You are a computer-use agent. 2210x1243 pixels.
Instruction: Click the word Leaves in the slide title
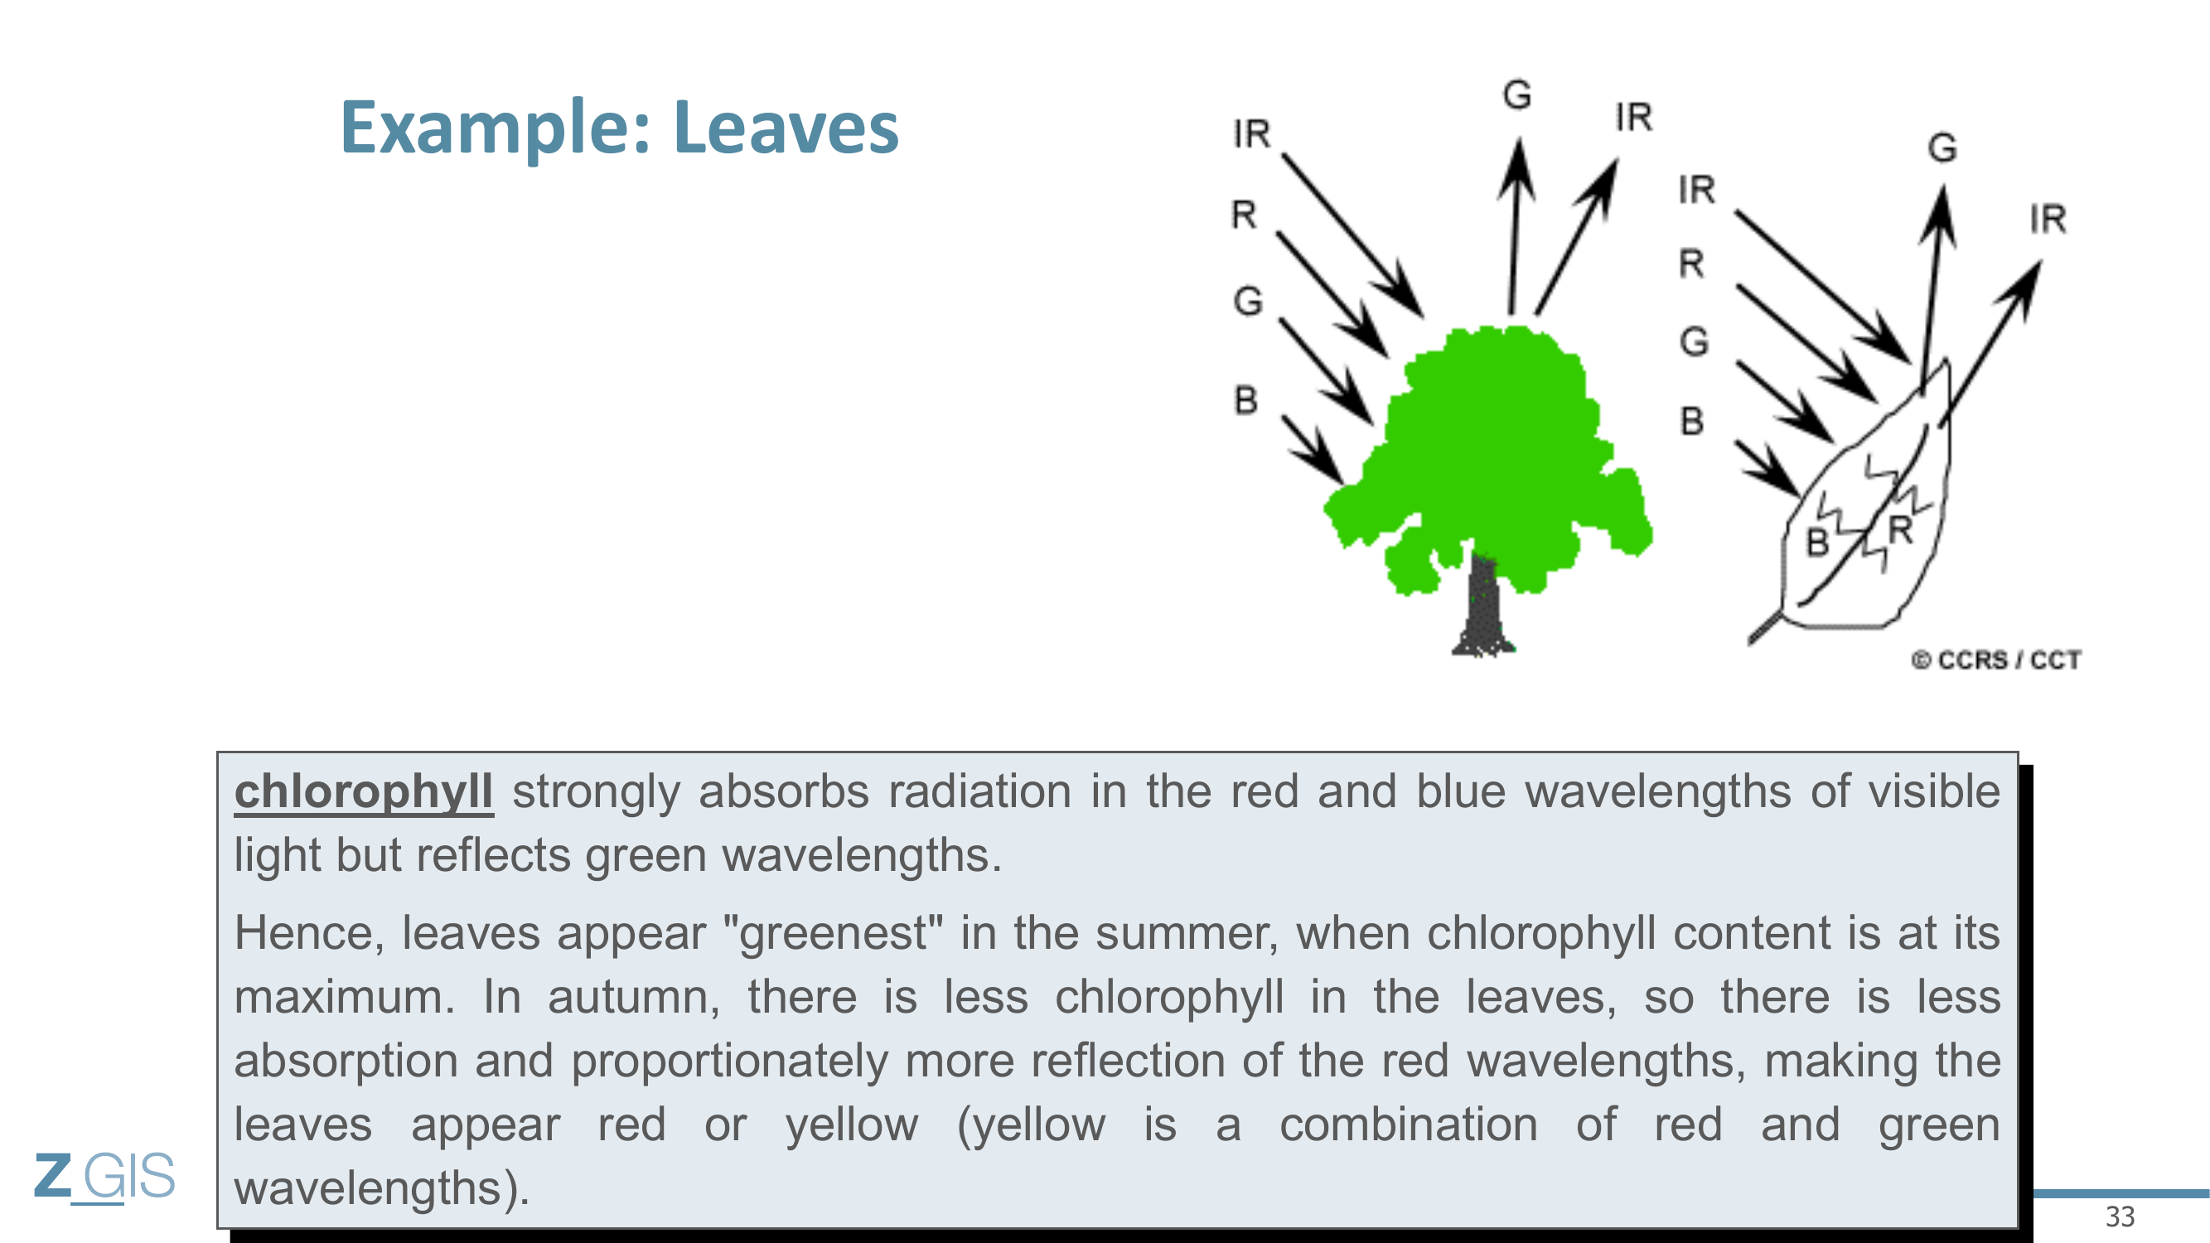(786, 128)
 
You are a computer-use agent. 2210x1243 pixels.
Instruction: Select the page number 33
(2120, 1216)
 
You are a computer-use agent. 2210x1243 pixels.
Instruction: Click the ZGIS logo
(104, 1177)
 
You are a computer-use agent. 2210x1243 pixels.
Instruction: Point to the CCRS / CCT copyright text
(1996, 660)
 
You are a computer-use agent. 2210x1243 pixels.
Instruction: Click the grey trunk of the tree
(1483, 605)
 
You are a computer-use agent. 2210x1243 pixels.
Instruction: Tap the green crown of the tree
(1488, 455)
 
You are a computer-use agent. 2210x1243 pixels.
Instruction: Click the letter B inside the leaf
(1818, 542)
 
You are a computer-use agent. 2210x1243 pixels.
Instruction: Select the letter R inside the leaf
(1900, 530)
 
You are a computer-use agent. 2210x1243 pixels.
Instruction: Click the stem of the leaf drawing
(1766, 627)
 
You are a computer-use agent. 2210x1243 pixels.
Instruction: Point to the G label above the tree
(1516, 94)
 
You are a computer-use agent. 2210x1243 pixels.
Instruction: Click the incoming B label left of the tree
(1245, 399)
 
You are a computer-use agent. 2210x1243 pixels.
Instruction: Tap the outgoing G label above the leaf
(1942, 148)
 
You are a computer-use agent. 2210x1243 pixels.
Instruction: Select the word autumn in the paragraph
(634, 998)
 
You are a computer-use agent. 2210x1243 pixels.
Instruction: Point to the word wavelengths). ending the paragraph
(383, 1188)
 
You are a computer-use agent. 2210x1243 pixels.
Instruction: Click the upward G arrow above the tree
(1516, 226)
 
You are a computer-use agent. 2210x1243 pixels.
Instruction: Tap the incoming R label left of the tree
(1244, 215)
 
